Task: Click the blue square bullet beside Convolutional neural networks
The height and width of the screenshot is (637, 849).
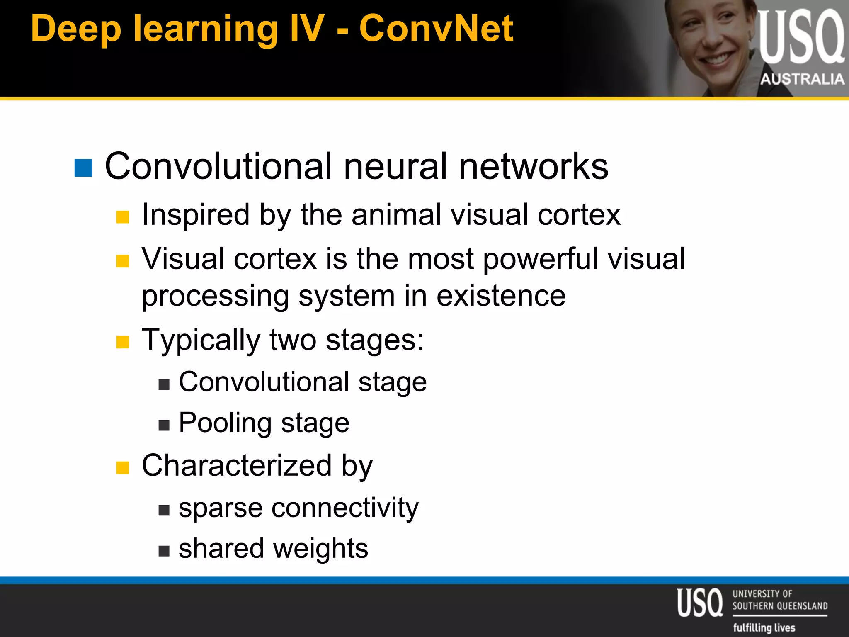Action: point(83,168)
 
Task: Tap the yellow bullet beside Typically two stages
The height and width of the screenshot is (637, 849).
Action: point(123,342)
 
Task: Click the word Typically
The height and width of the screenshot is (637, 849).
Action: point(201,340)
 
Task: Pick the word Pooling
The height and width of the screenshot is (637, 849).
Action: point(225,423)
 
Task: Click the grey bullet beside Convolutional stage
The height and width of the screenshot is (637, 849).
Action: point(164,384)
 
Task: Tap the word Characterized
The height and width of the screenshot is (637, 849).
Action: point(237,465)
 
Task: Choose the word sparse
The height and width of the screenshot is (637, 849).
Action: point(221,508)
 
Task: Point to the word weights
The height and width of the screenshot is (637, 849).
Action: point(320,549)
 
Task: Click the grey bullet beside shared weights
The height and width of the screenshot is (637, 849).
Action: point(164,551)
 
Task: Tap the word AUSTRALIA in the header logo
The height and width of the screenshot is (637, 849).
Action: point(802,79)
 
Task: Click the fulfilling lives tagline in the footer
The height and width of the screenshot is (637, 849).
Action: point(764,627)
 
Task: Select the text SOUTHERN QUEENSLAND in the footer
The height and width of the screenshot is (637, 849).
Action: point(780,606)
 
